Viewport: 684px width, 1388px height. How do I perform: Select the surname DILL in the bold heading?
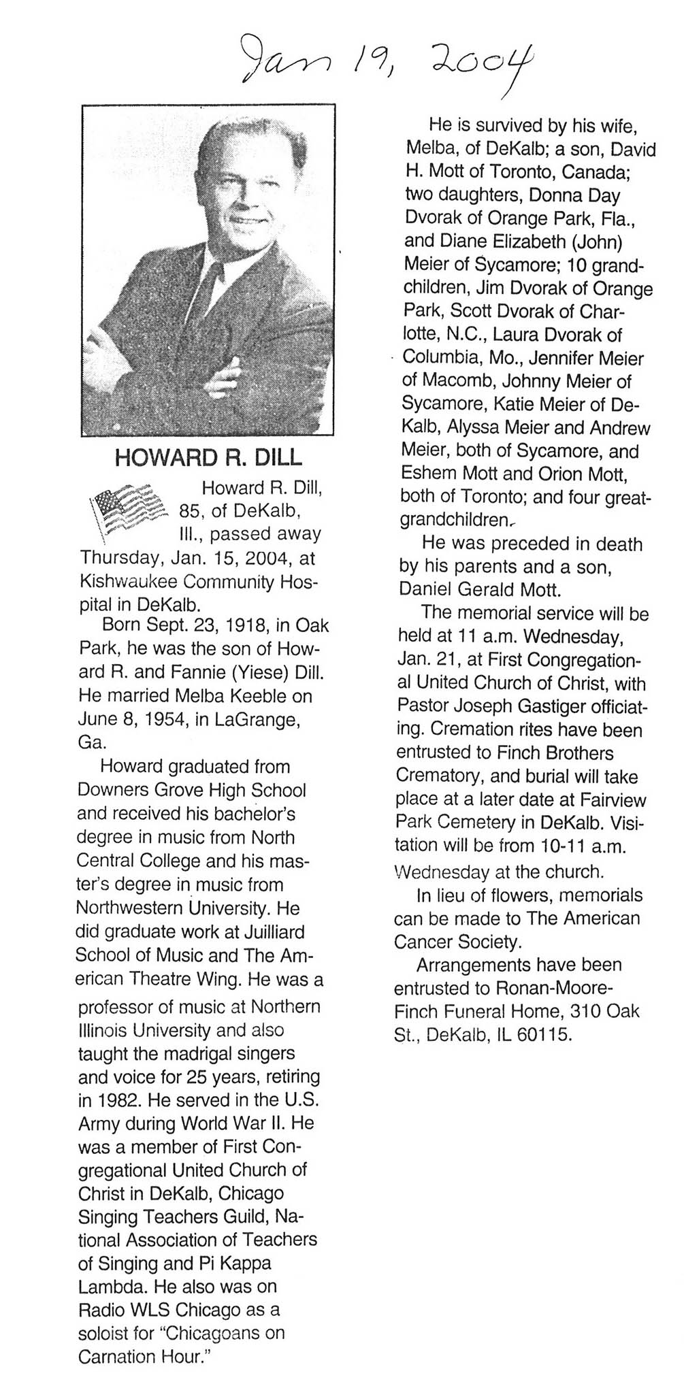[276, 457]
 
